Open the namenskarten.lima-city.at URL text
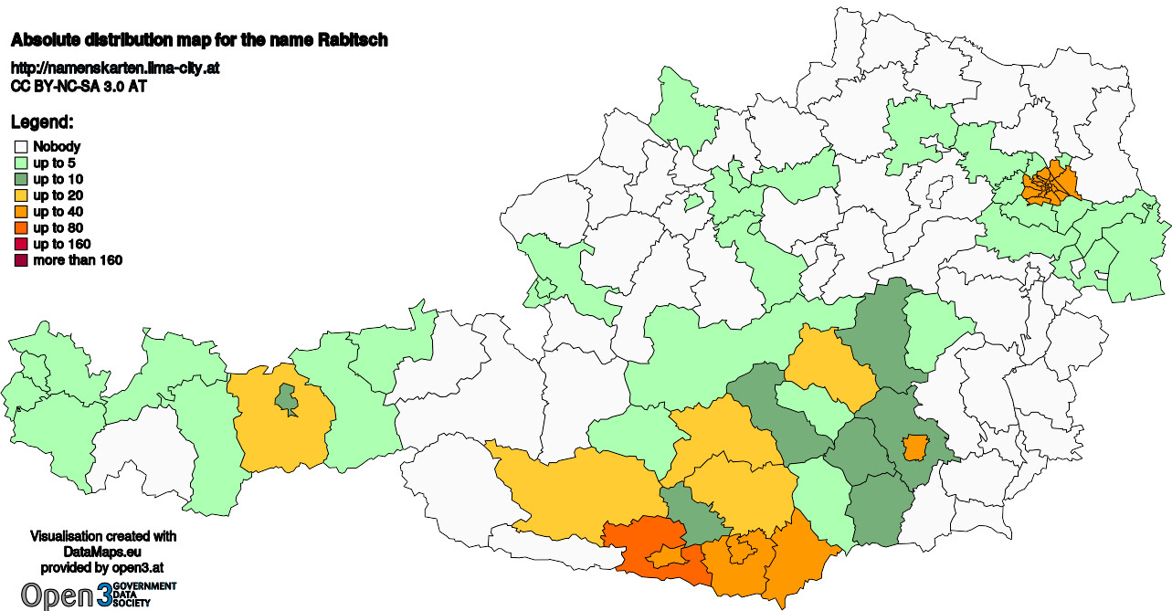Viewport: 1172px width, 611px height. coord(115,68)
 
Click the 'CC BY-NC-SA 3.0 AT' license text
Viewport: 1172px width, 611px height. coord(79,86)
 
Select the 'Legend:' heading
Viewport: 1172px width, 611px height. coord(42,121)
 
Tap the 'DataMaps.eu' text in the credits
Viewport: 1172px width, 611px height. coord(103,553)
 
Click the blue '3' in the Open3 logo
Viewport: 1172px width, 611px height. coord(106,595)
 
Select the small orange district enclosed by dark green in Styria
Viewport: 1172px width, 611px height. coord(913,448)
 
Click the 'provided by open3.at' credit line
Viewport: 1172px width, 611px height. coord(103,567)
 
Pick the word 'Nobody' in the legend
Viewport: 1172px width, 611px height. coord(57,146)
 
